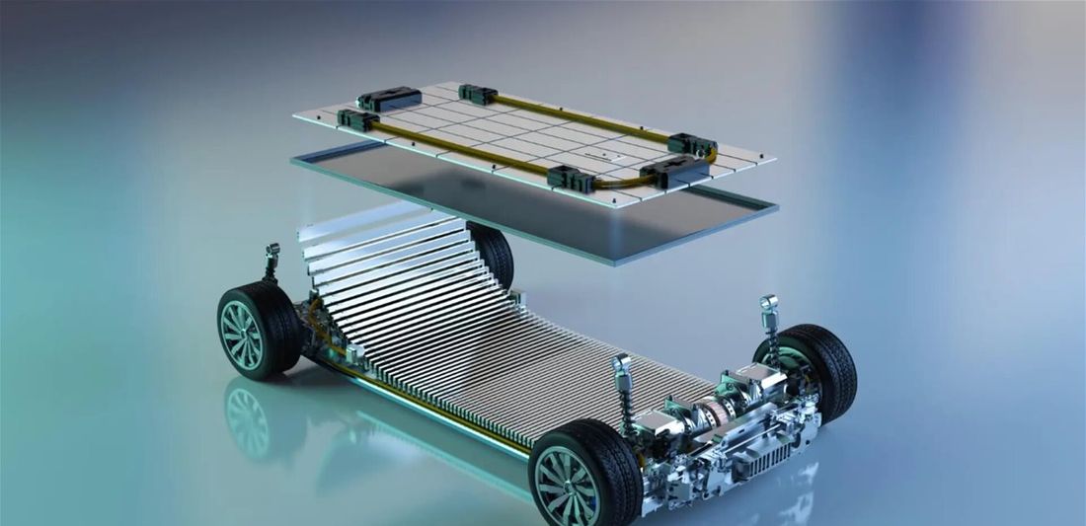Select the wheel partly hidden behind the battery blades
tap(495, 252)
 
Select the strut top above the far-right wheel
tap(768, 303)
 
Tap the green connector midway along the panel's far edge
tap(477, 95)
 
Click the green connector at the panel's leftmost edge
tap(356, 119)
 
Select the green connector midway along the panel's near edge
tap(570, 179)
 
